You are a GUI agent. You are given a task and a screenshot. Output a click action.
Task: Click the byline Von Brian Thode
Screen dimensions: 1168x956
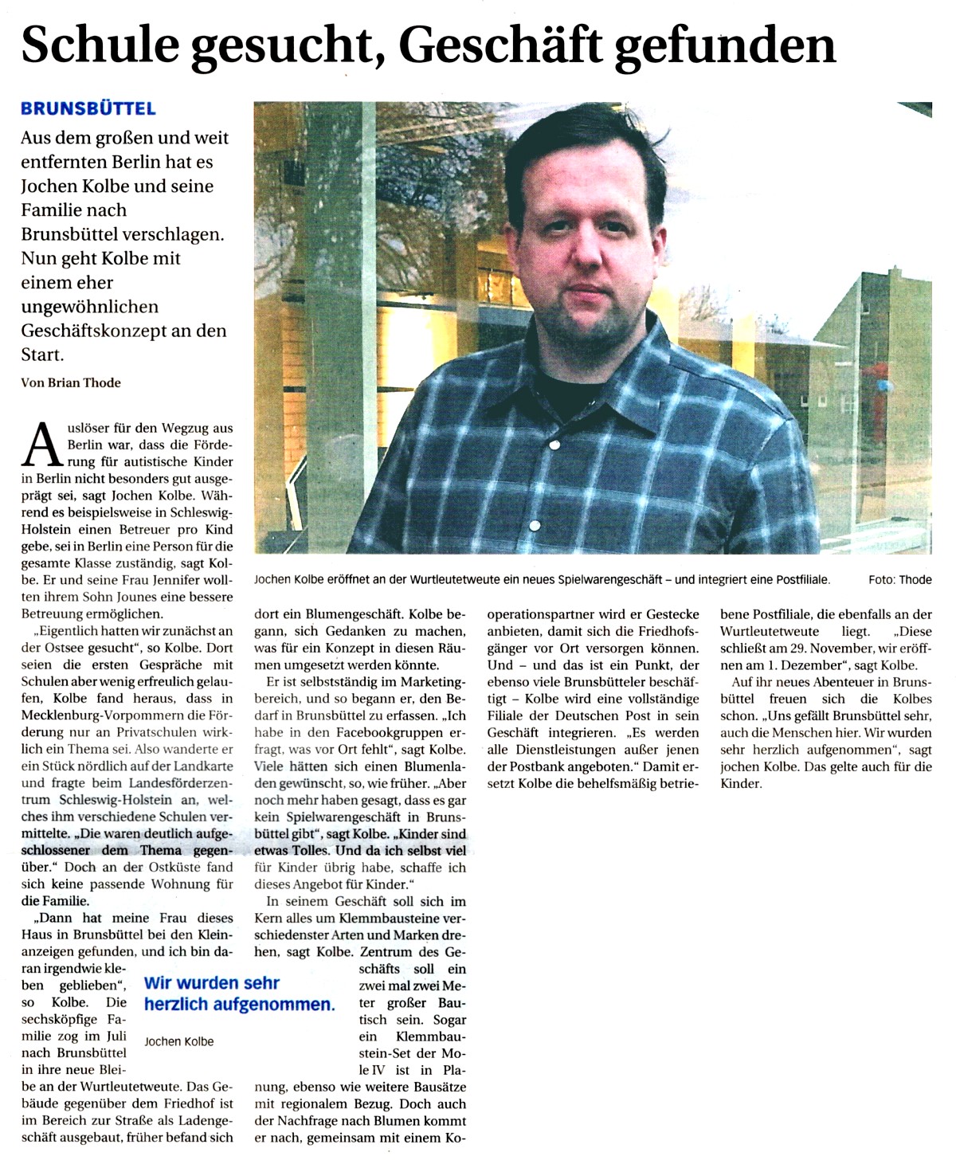(x=71, y=382)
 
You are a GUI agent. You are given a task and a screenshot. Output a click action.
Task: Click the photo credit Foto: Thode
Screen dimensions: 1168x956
(x=899, y=579)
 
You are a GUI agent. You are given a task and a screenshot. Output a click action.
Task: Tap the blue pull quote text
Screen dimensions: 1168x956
(x=238, y=994)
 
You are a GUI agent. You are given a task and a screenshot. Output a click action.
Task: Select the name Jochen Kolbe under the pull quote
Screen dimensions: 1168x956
(x=179, y=1041)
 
